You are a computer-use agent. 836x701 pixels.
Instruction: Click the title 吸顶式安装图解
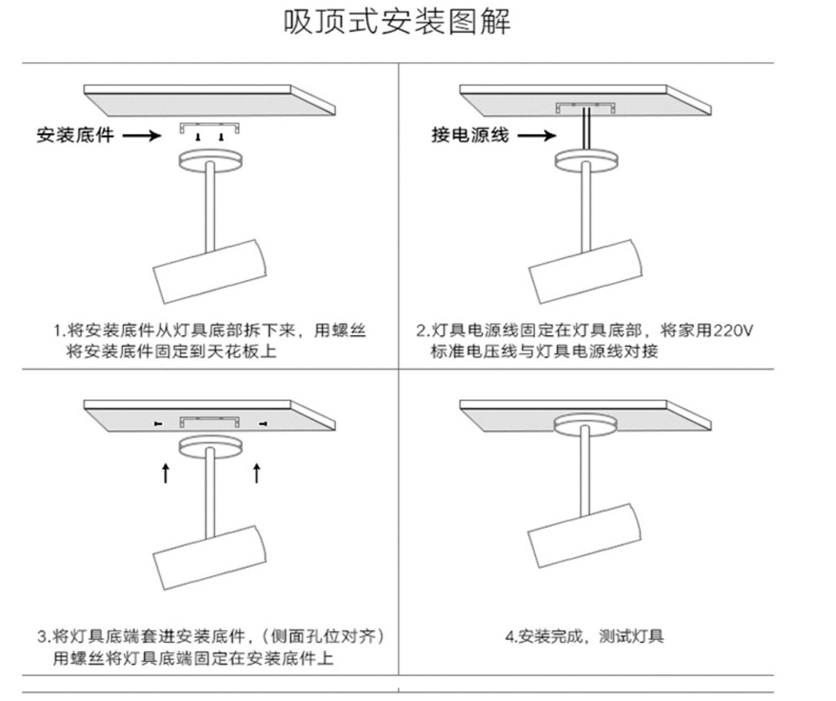397,22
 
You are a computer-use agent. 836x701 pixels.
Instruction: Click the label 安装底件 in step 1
75,135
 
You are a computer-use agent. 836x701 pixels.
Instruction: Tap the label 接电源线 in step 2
470,135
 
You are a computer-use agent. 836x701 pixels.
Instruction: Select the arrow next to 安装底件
141,135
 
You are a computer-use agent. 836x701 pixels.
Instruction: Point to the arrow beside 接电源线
536,135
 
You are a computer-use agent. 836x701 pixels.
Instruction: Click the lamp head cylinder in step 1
210,271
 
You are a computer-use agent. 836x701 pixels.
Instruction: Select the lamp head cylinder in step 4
585,535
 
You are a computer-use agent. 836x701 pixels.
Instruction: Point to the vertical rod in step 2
586,206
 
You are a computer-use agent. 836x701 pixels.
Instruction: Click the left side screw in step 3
158,425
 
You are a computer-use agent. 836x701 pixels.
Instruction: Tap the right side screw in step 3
263,425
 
